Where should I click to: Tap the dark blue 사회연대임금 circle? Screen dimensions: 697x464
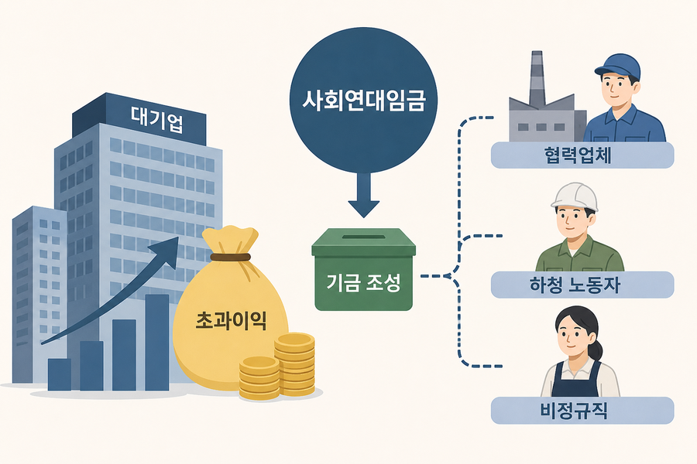coord(364,101)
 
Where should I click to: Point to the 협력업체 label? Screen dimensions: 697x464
coord(582,155)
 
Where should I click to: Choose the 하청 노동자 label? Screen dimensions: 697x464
coord(582,285)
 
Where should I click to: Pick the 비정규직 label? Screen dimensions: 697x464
coord(582,411)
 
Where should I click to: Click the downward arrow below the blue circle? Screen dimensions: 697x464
coord(364,196)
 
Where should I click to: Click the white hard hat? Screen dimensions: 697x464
coord(575,196)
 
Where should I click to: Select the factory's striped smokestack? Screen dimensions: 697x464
coord(537,79)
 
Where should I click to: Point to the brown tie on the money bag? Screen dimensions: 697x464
coord(230,257)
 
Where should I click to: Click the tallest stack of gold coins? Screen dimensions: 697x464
coord(294,364)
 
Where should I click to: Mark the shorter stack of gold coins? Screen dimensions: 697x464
coord(259,378)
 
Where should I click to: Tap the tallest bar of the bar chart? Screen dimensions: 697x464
coord(157,343)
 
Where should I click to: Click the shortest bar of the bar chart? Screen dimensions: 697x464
coord(60,375)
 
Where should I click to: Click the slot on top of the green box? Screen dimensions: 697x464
coord(363,237)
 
